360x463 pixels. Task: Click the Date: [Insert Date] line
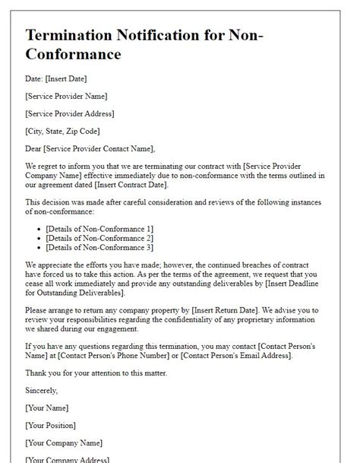57,79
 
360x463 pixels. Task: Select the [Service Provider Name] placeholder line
66,97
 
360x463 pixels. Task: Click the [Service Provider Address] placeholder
70,113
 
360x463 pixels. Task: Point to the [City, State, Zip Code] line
62,131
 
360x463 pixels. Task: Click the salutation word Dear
35,148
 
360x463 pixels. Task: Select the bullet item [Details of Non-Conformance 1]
99,229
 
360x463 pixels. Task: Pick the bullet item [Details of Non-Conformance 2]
99,238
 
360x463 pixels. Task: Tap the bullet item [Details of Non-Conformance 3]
99,247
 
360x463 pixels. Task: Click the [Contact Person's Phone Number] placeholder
147,356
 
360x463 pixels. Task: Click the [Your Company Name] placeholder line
63,442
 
